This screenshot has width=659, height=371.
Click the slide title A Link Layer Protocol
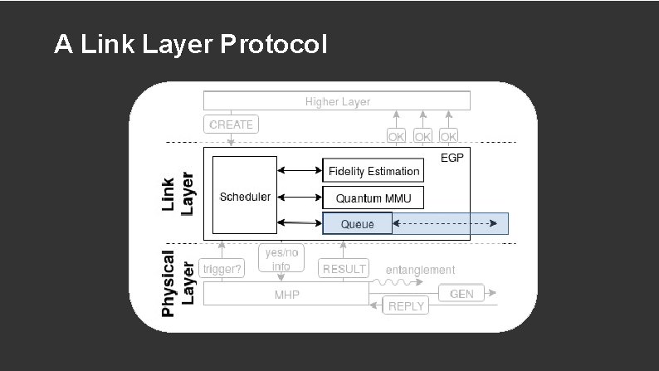pos(190,44)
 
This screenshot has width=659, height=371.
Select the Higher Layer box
pos(337,101)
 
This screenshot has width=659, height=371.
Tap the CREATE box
pos(231,124)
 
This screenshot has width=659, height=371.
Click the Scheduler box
pos(245,197)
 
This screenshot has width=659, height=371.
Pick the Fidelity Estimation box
pos(373,171)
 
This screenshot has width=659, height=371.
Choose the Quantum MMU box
pos(373,198)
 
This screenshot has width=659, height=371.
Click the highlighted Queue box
pos(357,223)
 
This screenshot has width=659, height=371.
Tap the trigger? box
pos(222,268)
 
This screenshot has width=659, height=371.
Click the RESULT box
pos(344,268)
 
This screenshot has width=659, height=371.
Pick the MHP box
pos(286,295)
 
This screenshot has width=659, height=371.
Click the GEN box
pos(461,294)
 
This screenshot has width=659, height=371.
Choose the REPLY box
pos(406,305)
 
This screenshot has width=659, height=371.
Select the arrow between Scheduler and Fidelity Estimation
pos(300,171)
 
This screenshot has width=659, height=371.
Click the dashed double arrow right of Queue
pos(449,223)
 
